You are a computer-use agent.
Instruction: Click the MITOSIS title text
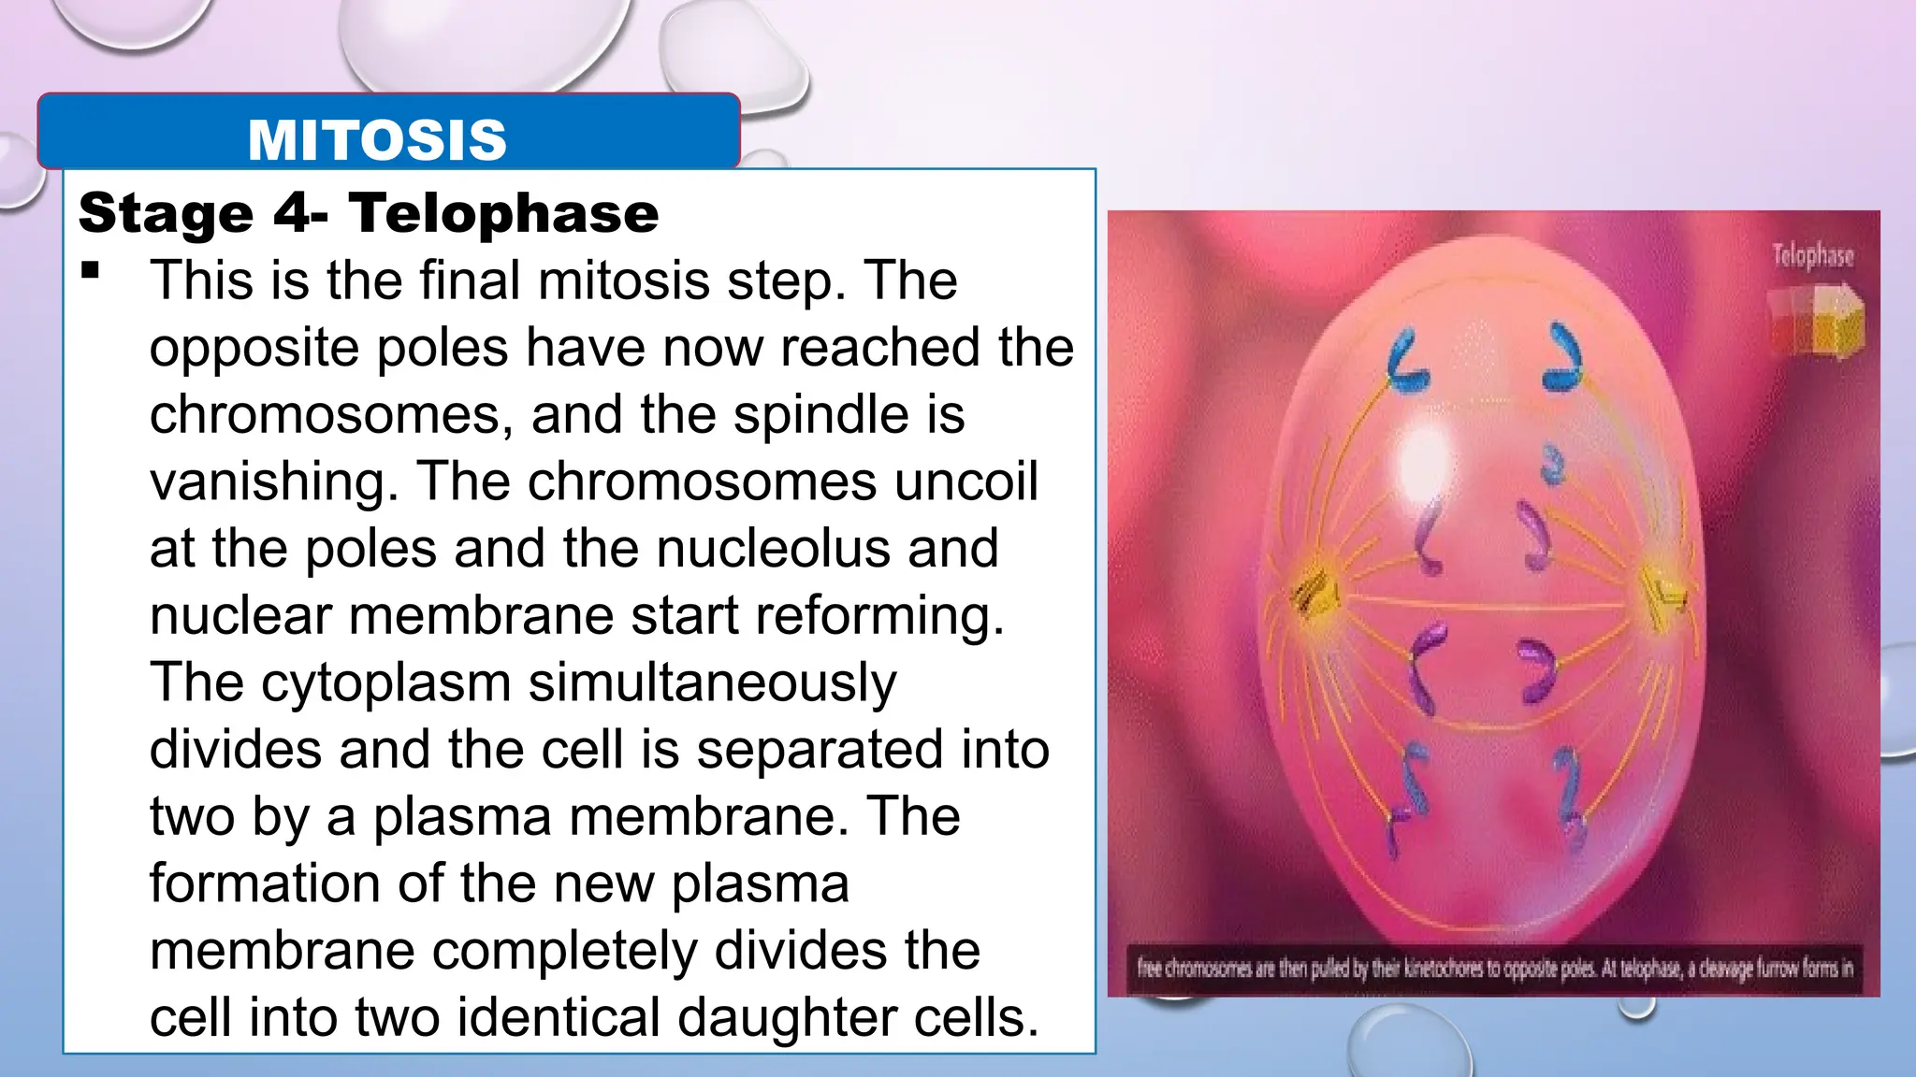point(377,140)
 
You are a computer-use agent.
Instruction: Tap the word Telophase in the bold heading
point(504,213)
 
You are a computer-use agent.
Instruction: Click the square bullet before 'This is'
point(91,271)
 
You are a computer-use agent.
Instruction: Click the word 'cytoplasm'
point(385,682)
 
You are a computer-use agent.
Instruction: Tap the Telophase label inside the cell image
point(1812,256)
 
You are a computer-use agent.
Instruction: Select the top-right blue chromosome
point(1563,356)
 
